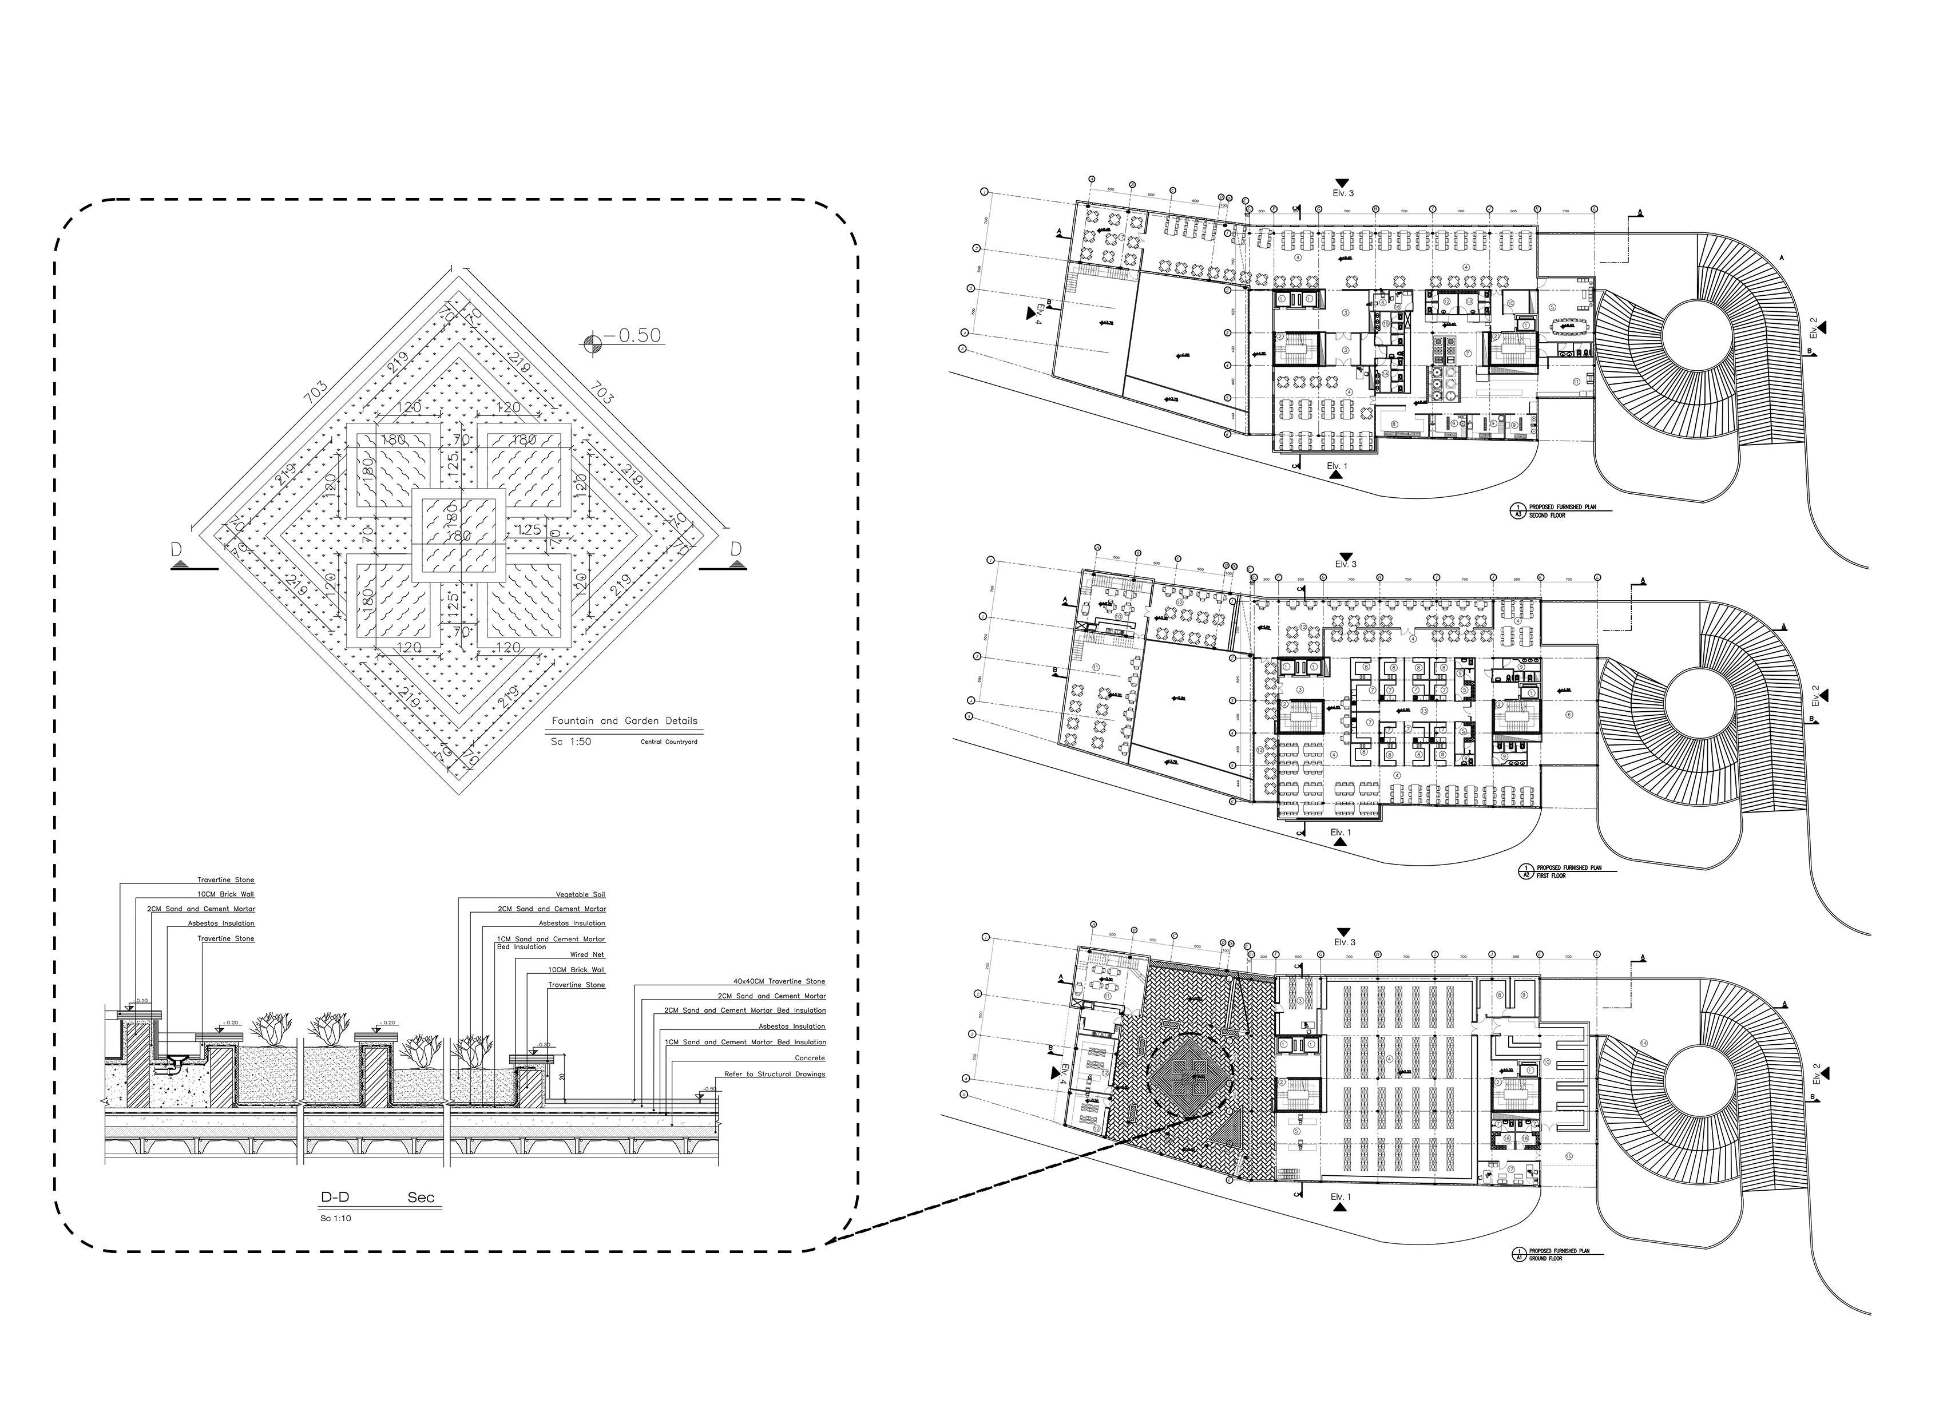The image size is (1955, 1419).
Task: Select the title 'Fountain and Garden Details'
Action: coord(625,721)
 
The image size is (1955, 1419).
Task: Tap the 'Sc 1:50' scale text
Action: coord(570,742)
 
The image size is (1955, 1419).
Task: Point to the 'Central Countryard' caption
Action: coord(669,742)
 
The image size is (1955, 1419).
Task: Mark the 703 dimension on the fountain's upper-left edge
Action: coord(315,393)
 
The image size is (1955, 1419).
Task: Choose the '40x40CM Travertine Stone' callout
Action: coord(778,981)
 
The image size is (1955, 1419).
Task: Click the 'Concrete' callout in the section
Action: coord(810,1058)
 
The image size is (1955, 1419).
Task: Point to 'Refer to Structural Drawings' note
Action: coord(774,1074)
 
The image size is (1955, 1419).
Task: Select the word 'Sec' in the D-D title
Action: coord(421,1198)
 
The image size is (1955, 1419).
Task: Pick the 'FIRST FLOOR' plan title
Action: coord(1549,876)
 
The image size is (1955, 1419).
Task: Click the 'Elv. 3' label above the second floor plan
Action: coord(1343,193)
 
